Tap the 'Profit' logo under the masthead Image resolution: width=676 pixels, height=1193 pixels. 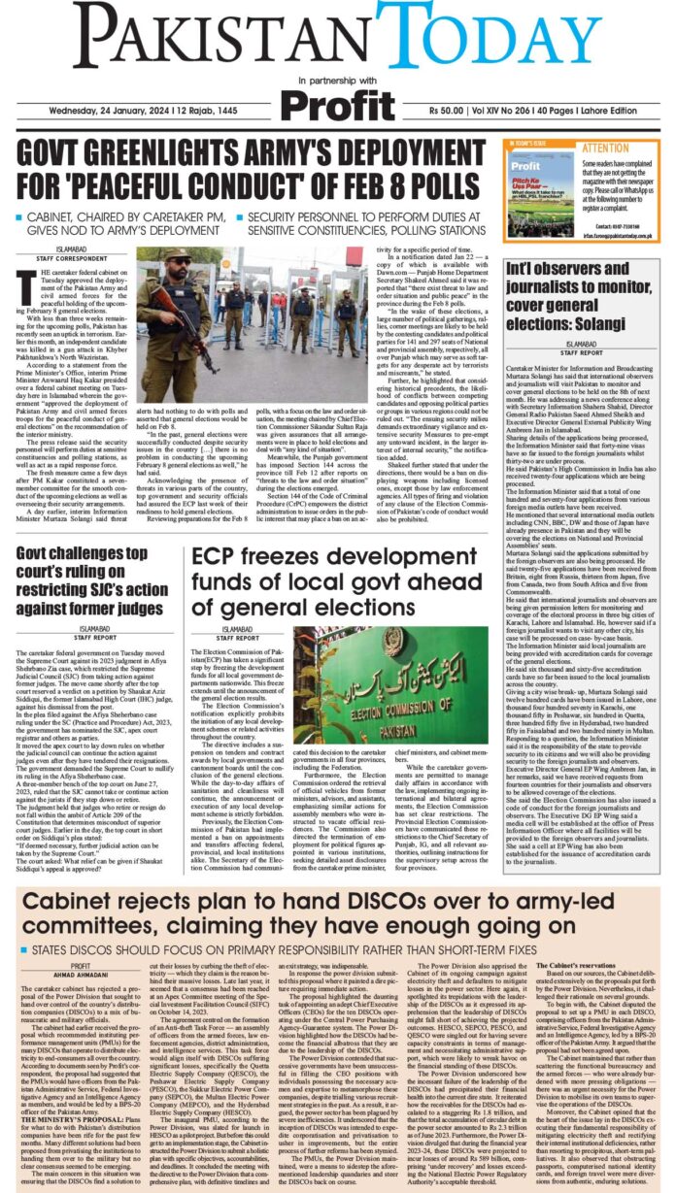(x=339, y=101)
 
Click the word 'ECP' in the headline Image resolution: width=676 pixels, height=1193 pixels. (x=217, y=529)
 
